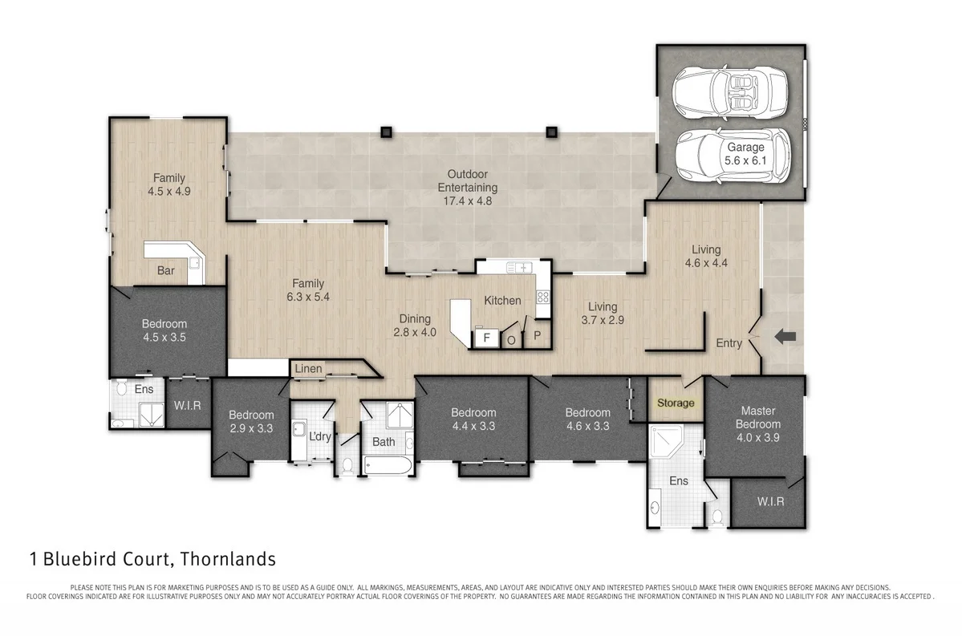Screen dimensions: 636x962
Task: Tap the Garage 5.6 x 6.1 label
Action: pyautogui.click(x=745, y=154)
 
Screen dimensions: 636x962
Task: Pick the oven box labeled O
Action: pyautogui.click(x=511, y=339)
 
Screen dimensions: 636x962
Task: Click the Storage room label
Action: pyautogui.click(x=676, y=403)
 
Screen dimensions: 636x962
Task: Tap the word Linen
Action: pyautogui.click(x=308, y=369)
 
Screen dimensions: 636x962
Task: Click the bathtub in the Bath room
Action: pyautogui.click(x=388, y=465)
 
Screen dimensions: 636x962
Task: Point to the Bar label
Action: pyautogui.click(x=166, y=271)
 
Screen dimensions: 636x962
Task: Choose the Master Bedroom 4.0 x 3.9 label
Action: pyautogui.click(x=758, y=424)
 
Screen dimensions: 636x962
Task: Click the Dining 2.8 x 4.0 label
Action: pyautogui.click(x=415, y=325)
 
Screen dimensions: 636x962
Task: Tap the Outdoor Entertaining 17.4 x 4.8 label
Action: pyautogui.click(x=467, y=188)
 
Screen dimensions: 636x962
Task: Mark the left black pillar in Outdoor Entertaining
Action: pyautogui.click(x=386, y=132)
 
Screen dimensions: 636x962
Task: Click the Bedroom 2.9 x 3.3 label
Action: pyautogui.click(x=251, y=421)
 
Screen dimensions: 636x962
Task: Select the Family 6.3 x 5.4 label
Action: pyautogui.click(x=308, y=290)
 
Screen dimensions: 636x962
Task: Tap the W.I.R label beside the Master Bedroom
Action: pyautogui.click(x=769, y=502)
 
